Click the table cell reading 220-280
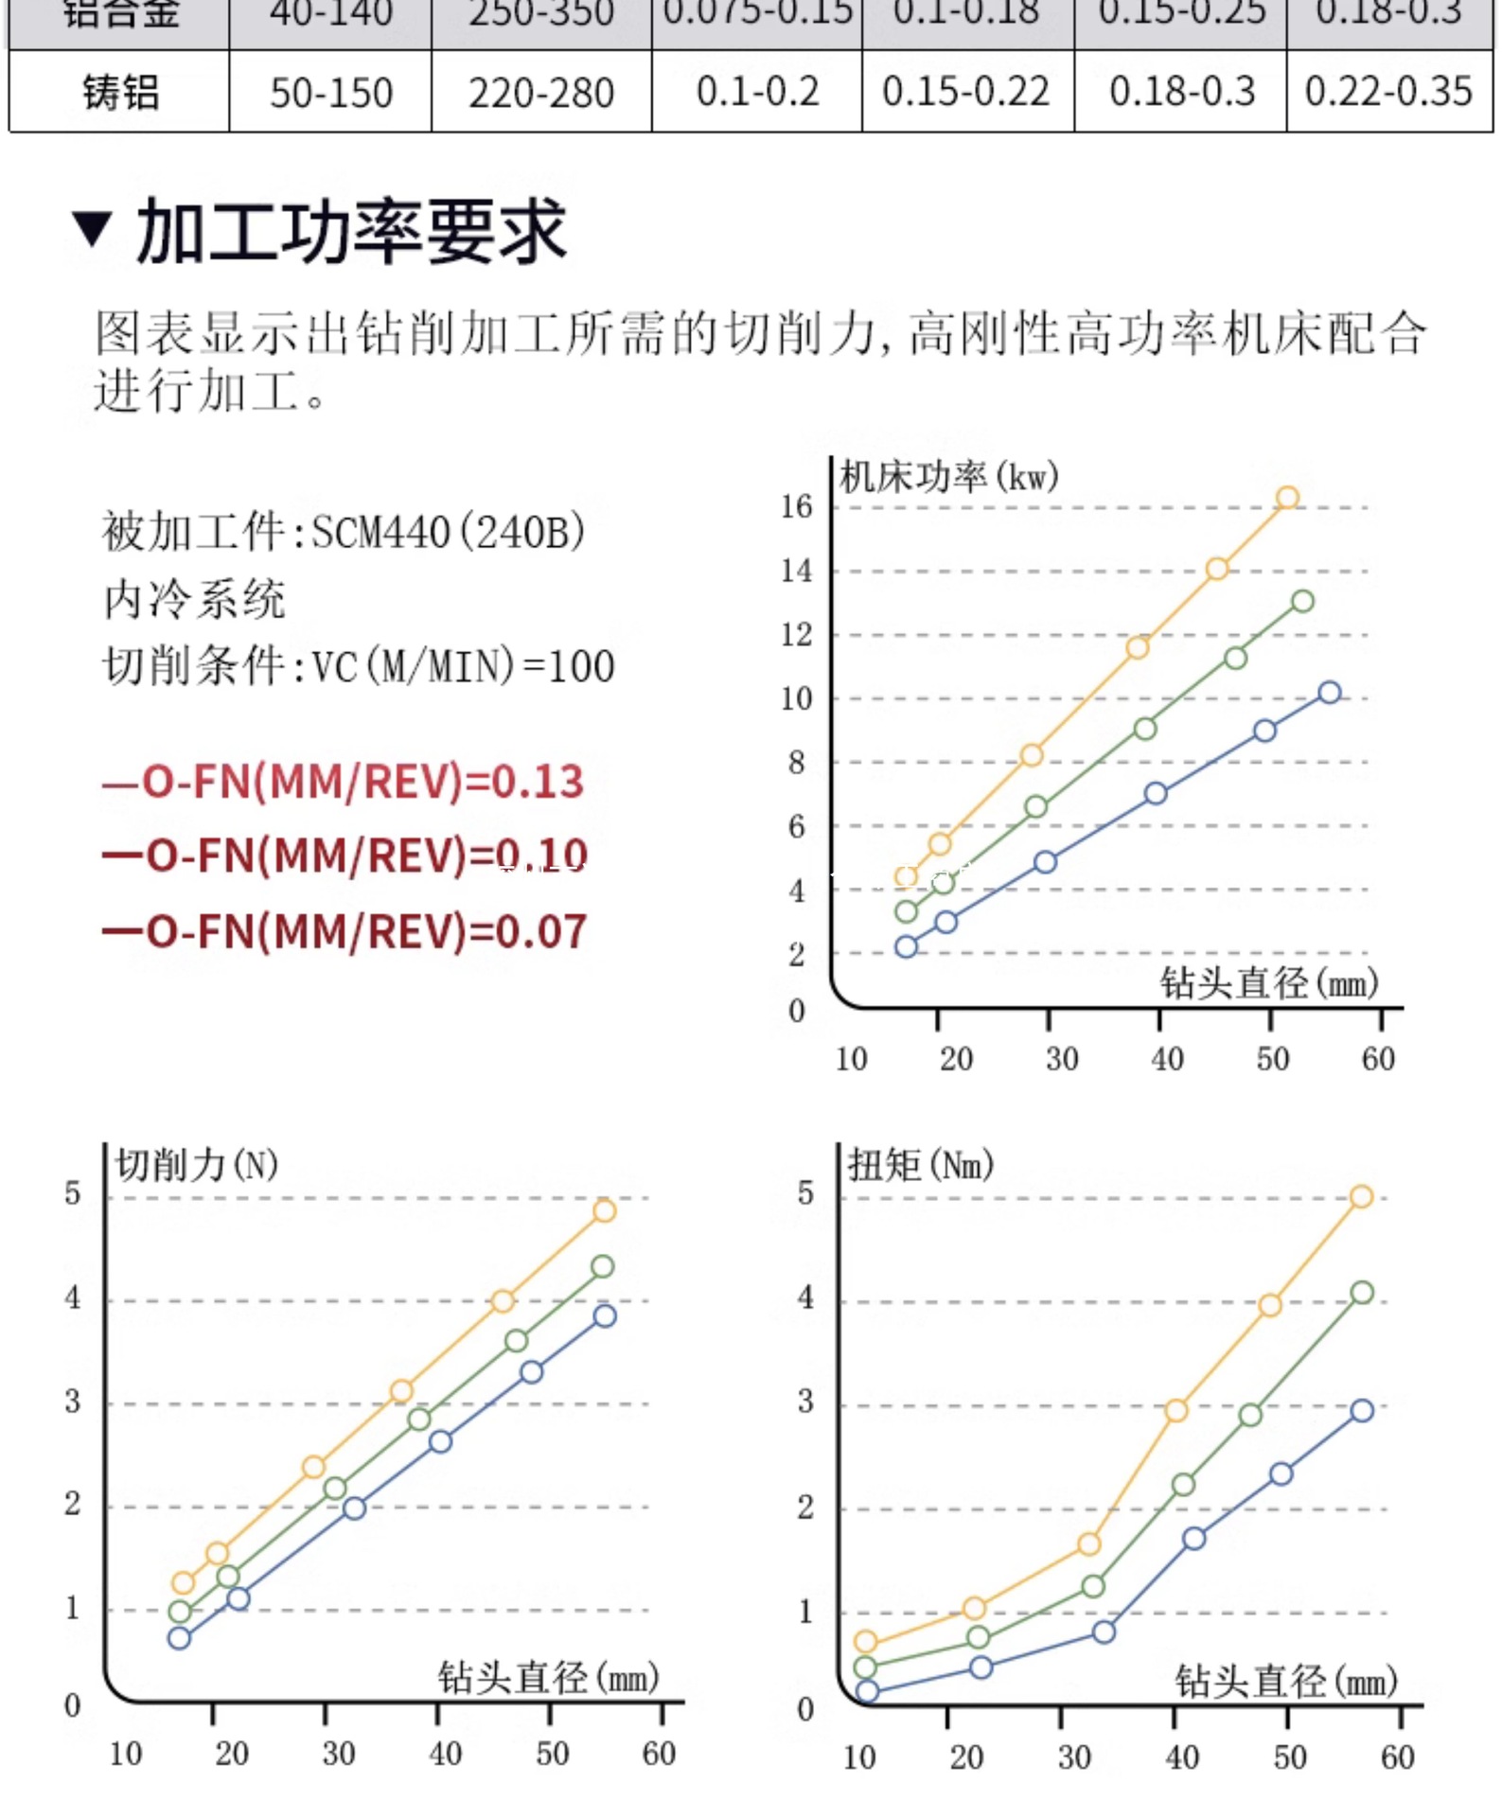[x=540, y=93]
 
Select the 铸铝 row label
[x=120, y=93]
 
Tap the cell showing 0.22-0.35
[x=1387, y=92]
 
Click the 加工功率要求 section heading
[x=351, y=232]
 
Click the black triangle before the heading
[x=92, y=230]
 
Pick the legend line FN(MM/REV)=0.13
[x=343, y=782]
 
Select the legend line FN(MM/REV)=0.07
[x=345, y=931]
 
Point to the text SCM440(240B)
[x=448, y=532]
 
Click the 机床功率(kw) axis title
[x=948, y=476]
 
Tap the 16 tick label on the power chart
[x=796, y=506]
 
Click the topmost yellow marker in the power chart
[x=1287, y=498]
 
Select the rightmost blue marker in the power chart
[x=1330, y=693]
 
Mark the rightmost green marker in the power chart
[x=1302, y=601]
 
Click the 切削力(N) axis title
[x=197, y=1165]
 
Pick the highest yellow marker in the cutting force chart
[x=604, y=1210]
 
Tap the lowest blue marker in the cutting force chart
[x=179, y=1638]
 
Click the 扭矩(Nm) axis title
[x=920, y=1165]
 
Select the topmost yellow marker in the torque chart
[x=1361, y=1197]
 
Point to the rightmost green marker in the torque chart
[x=1362, y=1293]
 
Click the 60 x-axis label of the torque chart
[x=1397, y=1758]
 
